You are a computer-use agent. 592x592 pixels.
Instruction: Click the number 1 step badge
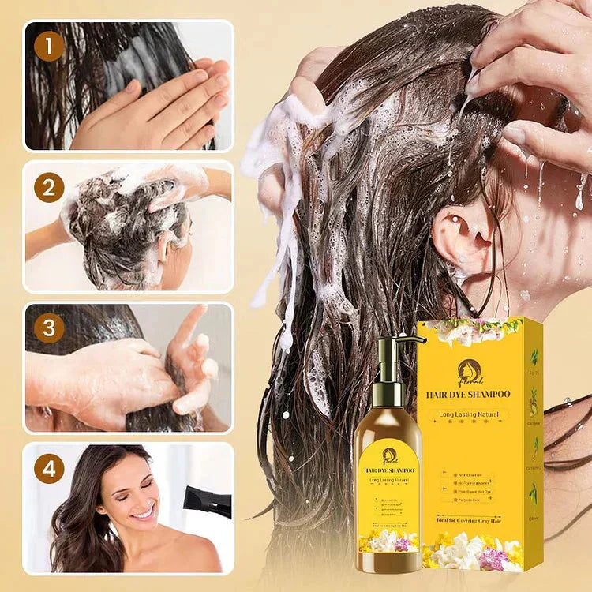[x=49, y=46]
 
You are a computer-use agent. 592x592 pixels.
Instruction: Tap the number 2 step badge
[x=49, y=188]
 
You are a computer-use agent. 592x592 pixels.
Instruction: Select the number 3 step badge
[x=49, y=328]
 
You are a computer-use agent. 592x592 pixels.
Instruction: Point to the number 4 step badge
[x=49, y=468]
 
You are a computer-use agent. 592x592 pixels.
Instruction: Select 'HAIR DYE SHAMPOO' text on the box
[x=468, y=393]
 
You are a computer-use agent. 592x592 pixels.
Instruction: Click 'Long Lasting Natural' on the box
[x=468, y=414]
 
